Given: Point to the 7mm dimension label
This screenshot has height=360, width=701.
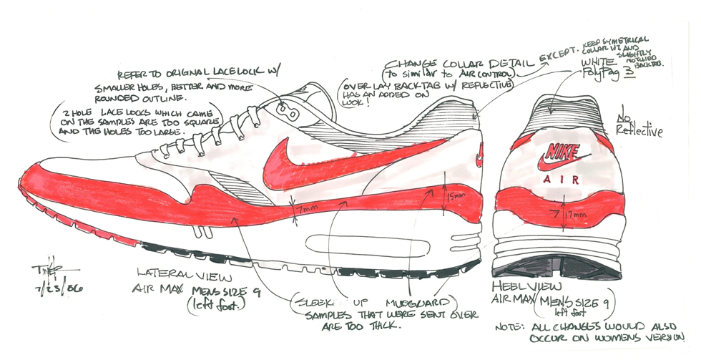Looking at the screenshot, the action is [x=308, y=209].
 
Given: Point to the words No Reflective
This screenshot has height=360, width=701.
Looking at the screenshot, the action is [x=638, y=124].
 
